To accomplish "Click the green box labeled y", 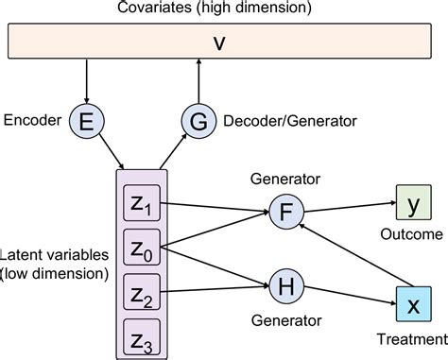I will coord(412,201).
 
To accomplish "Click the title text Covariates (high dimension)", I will coord(223,9).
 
